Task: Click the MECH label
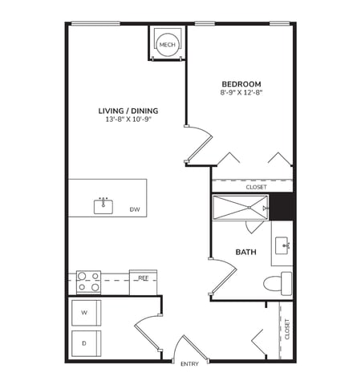pos(167,45)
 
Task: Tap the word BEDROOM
pos(241,84)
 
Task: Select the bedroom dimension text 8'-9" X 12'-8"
pos(241,94)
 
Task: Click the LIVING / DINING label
pos(128,111)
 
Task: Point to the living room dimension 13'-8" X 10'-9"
pos(128,120)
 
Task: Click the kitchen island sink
pos(103,206)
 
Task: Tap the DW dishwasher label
pos(135,210)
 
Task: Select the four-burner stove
pos(88,282)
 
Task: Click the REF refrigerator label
pos(143,278)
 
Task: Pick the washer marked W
pos(86,311)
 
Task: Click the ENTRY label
pos(190,365)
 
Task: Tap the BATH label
pos(245,253)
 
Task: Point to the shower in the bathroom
pos(240,208)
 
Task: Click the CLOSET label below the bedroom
pos(257,188)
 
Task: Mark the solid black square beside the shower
pos(282,208)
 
